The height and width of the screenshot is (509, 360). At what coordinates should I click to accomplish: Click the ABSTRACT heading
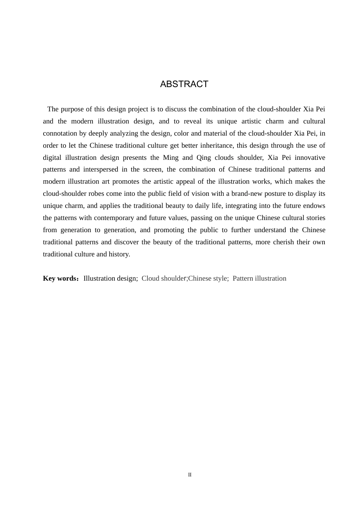184,84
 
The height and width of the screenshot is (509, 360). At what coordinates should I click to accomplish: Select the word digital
52,158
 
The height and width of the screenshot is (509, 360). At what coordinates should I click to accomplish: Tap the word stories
315,218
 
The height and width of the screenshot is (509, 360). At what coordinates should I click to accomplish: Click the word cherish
283,242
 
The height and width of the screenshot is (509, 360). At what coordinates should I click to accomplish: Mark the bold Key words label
60,278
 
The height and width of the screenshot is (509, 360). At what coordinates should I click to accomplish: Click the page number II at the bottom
190,475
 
